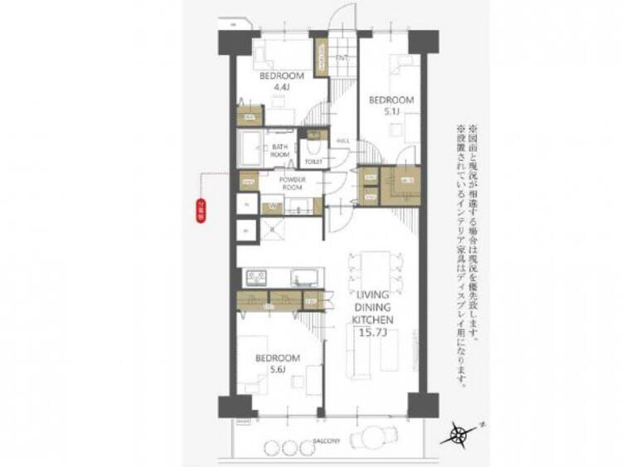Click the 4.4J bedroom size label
[281, 85]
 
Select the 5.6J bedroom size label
[276, 370]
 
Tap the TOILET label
[313, 162]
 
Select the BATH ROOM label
[279, 150]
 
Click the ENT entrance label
[341, 56]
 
